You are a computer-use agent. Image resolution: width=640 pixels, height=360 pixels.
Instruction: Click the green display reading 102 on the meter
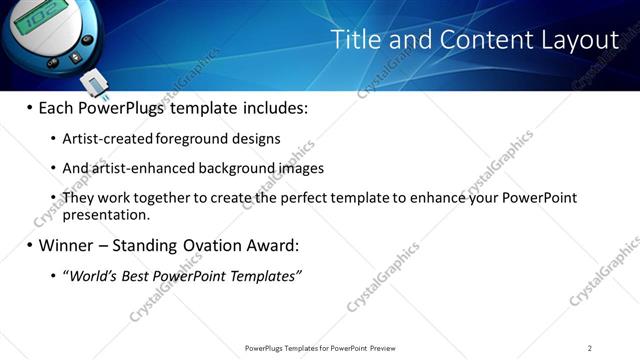38,16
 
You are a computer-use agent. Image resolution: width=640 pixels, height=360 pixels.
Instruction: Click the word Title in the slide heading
353,39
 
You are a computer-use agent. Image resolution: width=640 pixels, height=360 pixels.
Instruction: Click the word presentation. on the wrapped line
106,214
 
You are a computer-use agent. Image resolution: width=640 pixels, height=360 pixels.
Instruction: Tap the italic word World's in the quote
91,276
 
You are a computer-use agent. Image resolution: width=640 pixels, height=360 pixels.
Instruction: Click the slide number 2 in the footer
590,347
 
